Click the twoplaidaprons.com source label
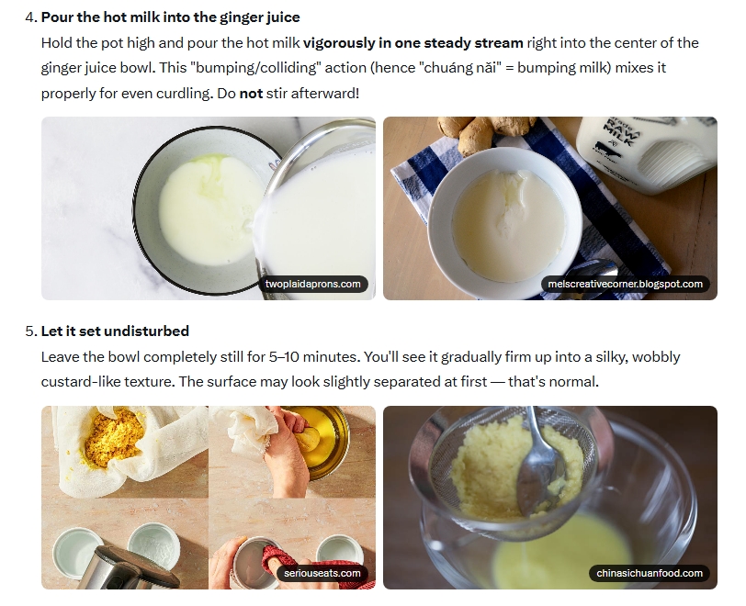point(312,284)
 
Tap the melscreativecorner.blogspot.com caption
point(625,284)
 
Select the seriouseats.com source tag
point(322,573)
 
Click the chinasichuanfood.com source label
point(650,573)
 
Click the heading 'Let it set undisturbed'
point(115,331)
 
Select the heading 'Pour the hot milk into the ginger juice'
point(171,17)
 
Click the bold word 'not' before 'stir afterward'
point(251,94)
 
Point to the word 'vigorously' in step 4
point(339,43)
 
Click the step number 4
point(31,17)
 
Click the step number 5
point(31,331)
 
